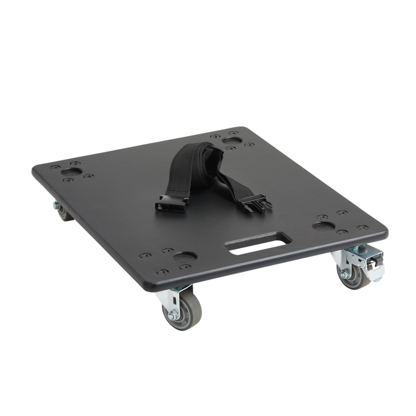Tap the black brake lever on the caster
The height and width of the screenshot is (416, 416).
tap(374, 260)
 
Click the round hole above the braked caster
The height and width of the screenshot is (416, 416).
tap(324, 226)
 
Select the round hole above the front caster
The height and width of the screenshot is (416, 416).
tap(185, 256)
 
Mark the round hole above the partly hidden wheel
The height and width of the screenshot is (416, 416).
tap(71, 171)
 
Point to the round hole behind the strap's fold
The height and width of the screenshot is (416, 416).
tap(232, 140)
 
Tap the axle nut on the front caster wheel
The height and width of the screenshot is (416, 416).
tap(172, 315)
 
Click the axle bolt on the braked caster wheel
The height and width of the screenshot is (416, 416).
tap(344, 275)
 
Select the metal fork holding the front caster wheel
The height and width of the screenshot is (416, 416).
tap(173, 301)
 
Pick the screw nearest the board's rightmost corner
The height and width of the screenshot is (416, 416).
tap(362, 227)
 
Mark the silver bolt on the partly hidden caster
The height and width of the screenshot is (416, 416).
tap(56, 205)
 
